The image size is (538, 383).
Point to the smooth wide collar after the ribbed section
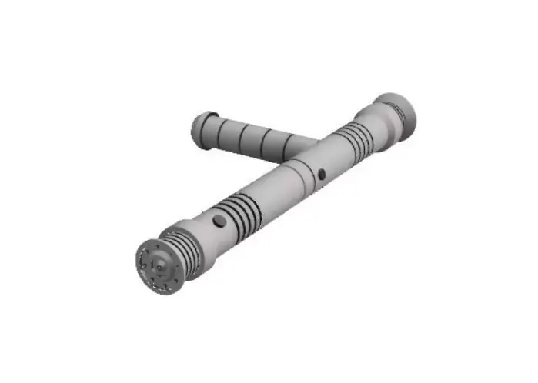(204, 235)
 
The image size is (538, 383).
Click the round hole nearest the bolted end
(220, 221)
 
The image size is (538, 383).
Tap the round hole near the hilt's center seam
(322, 173)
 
